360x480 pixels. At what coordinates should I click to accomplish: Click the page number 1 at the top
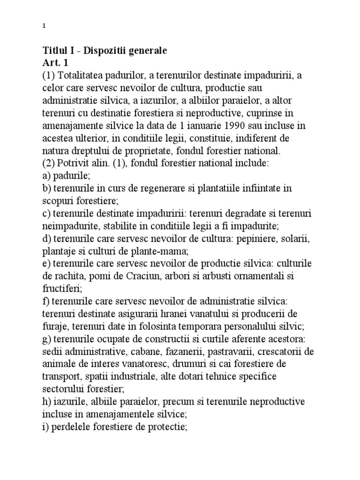(x=44, y=26)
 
